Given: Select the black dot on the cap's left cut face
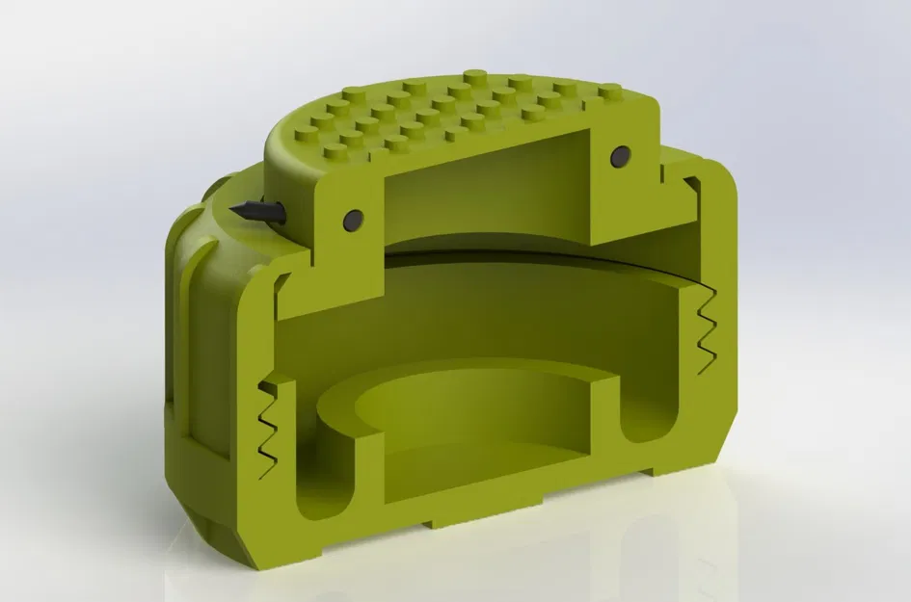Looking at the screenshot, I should [x=353, y=220].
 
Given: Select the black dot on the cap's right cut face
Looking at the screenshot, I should [x=620, y=154].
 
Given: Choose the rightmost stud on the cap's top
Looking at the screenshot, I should [x=610, y=92].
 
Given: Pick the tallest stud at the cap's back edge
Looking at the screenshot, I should [x=474, y=76].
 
